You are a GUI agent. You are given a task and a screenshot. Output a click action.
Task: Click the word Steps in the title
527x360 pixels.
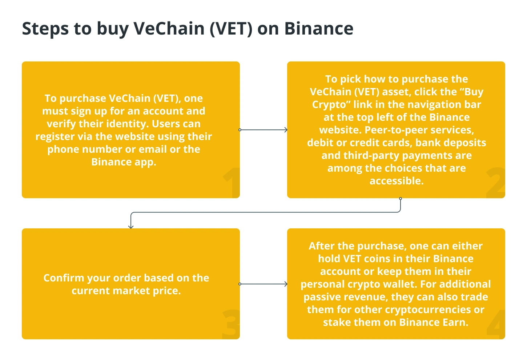click(x=45, y=29)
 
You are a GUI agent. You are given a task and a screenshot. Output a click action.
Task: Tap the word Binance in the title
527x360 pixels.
click(x=319, y=29)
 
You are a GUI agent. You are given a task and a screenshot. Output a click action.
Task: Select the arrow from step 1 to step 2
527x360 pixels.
click(x=263, y=130)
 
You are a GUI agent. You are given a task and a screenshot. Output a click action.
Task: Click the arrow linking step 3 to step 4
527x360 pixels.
click(x=263, y=284)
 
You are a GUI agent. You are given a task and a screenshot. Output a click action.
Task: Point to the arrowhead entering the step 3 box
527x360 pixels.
click(x=131, y=227)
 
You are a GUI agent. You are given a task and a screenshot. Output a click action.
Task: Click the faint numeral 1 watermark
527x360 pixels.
click(x=231, y=183)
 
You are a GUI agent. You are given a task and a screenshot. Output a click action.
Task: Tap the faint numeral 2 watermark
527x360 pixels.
click(x=495, y=183)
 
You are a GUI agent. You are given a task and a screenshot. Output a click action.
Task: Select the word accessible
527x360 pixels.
click(x=397, y=181)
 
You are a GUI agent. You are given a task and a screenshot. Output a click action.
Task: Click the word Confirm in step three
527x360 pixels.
click(x=64, y=278)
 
